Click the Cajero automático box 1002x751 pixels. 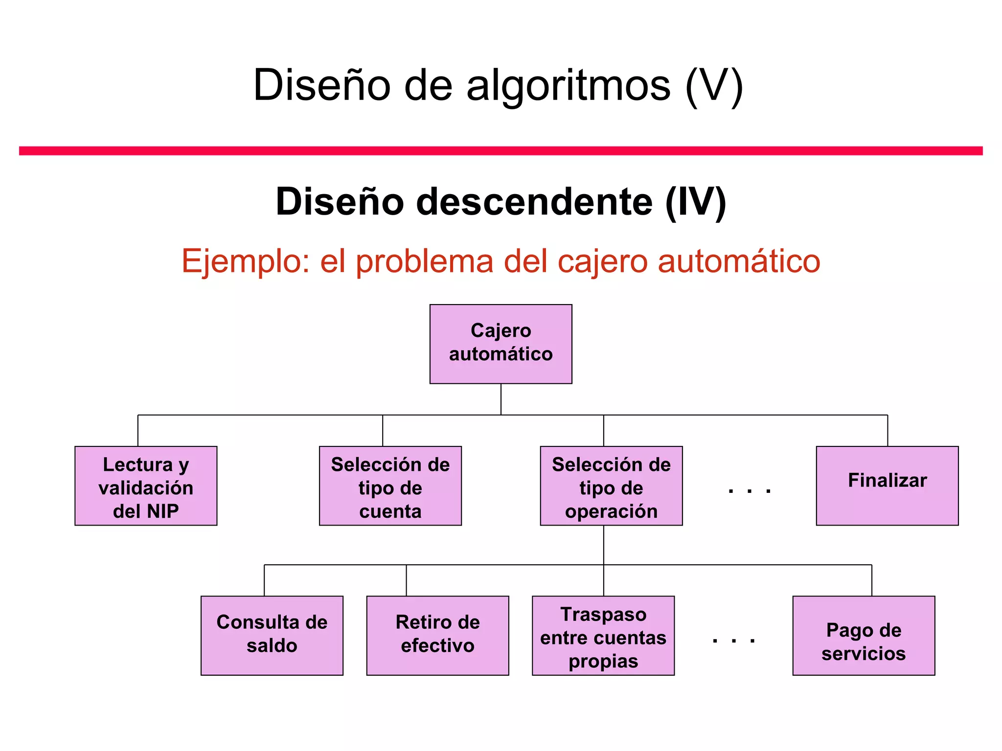coord(501,344)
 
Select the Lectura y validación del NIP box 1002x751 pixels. coord(146,486)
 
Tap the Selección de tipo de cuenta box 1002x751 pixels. coord(390,486)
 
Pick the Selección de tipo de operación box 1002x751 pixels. coord(611,486)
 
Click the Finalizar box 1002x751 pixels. coord(887,486)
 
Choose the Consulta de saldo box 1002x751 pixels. coord(272,635)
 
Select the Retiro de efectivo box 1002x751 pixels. coord(437,635)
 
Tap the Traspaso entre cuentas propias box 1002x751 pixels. coord(603,635)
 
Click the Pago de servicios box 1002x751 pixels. coord(864,635)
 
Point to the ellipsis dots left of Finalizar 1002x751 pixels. coord(749,491)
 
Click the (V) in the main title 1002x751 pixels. coord(714,86)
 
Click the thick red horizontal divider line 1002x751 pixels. coord(501,151)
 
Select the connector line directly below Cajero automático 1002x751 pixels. coord(501,399)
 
